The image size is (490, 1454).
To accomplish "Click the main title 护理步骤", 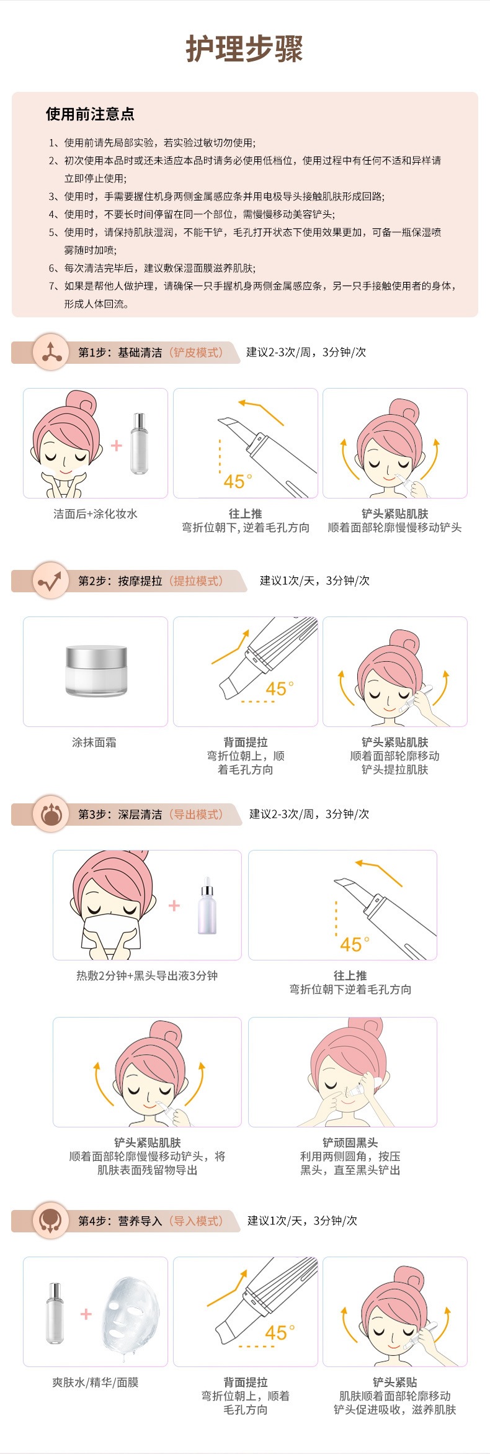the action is coord(245,49).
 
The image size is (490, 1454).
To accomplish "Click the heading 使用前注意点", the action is coord(90,114).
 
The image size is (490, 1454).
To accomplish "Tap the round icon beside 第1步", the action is coord(51,352).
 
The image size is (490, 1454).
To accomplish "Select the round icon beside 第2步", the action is coord(51,580).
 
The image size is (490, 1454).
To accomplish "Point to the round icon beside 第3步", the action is coord(51,814).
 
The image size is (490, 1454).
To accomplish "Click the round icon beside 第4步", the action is coord(51,1221).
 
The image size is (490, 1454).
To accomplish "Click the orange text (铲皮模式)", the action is coord(196,353).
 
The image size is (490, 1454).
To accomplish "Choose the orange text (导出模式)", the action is coord(196,815).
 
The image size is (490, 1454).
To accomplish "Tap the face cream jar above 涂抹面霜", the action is coord(96,671).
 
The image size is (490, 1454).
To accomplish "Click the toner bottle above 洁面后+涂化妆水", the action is coord(140,443).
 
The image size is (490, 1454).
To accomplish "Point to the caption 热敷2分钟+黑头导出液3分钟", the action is coord(147,975).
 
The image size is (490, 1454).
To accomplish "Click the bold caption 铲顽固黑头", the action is coord(350,1142).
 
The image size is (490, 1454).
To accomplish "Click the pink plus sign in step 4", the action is coord(86,1314).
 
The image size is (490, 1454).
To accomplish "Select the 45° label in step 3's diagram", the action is coord(354,944).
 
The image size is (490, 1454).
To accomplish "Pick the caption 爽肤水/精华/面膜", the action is coord(96,1382).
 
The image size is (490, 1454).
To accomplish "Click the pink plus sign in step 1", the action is coord(117,446).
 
